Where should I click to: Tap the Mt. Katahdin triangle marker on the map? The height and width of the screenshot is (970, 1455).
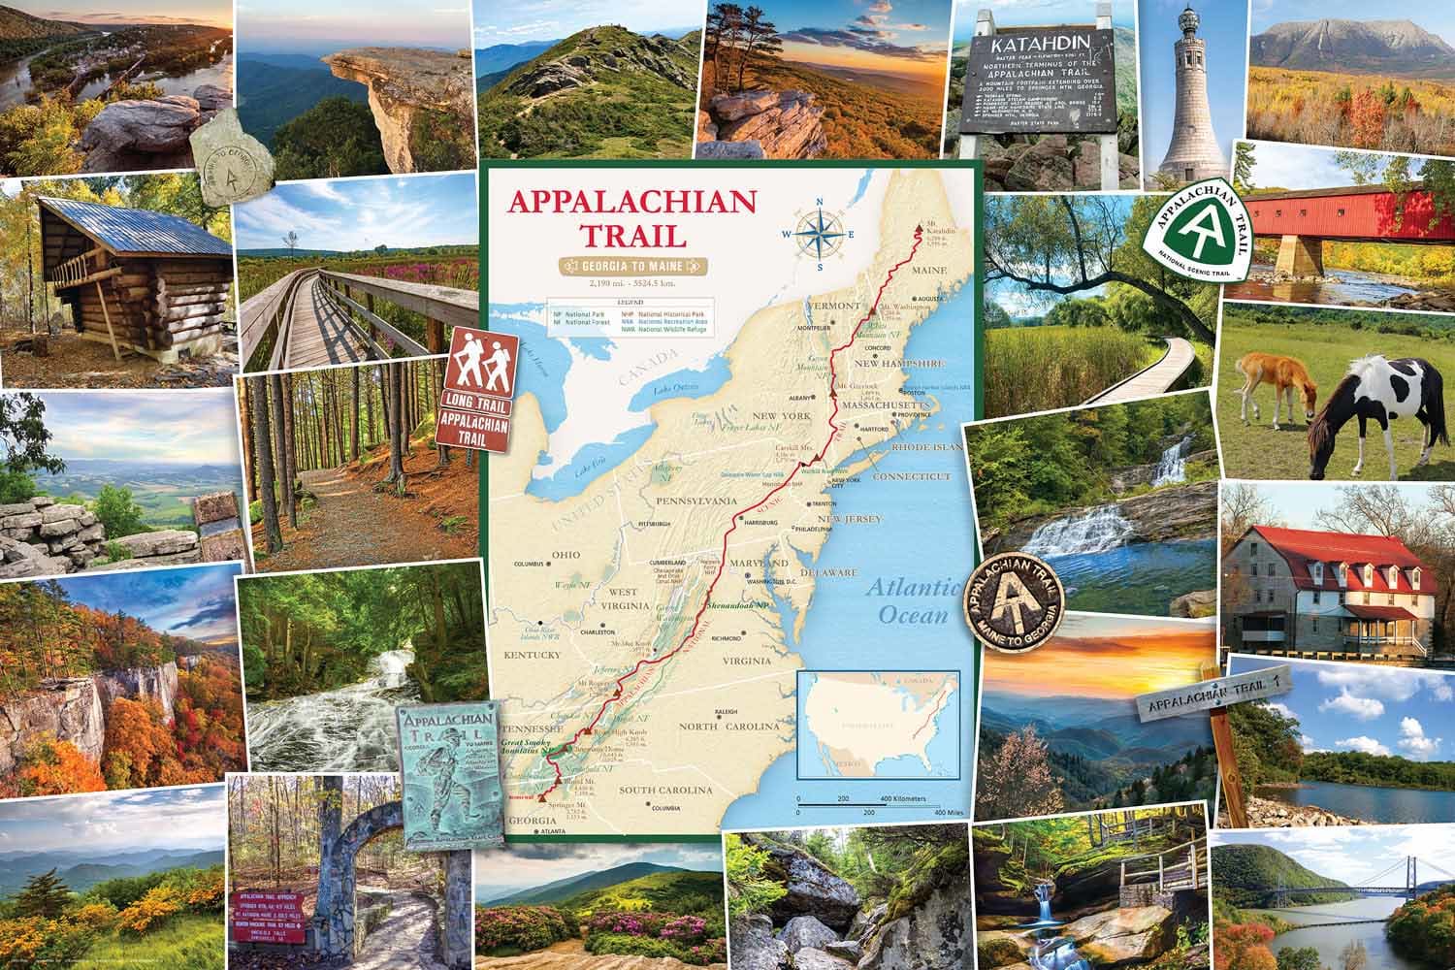pos(919,230)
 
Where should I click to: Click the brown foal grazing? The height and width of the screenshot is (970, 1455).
pos(1275,388)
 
